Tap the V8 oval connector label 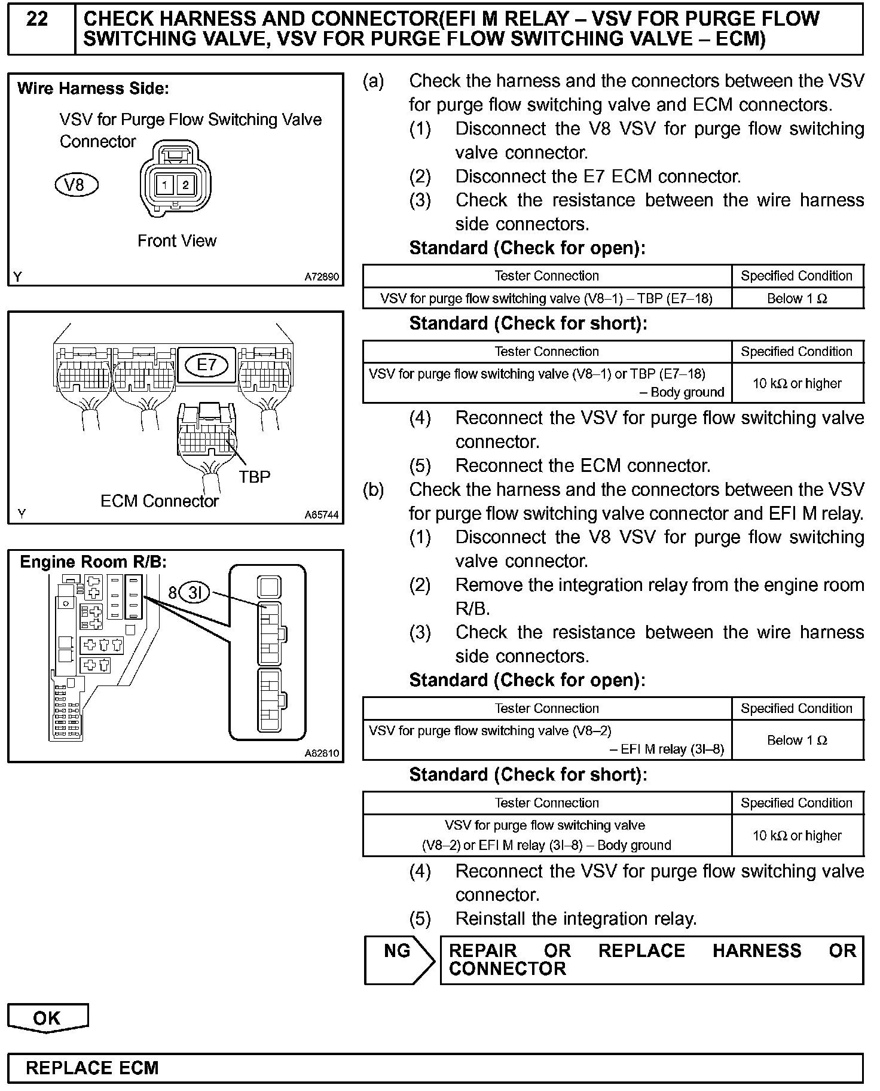[76, 185]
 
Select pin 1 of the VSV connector [164, 185]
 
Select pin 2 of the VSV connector [185, 185]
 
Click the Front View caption [177, 241]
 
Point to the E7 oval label [207, 365]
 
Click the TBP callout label [255, 477]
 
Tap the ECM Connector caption [160, 501]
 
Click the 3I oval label [195, 593]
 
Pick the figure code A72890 [322, 277]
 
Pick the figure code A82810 [322, 754]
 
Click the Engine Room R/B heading [93, 562]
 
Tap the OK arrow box [47, 1018]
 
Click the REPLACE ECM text [93, 1068]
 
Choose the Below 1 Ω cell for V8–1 [797, 298]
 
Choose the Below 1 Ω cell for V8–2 [797, 740]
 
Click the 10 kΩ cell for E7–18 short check [797, 383]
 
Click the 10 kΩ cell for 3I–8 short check [797, 836]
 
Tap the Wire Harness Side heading [93, 89]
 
